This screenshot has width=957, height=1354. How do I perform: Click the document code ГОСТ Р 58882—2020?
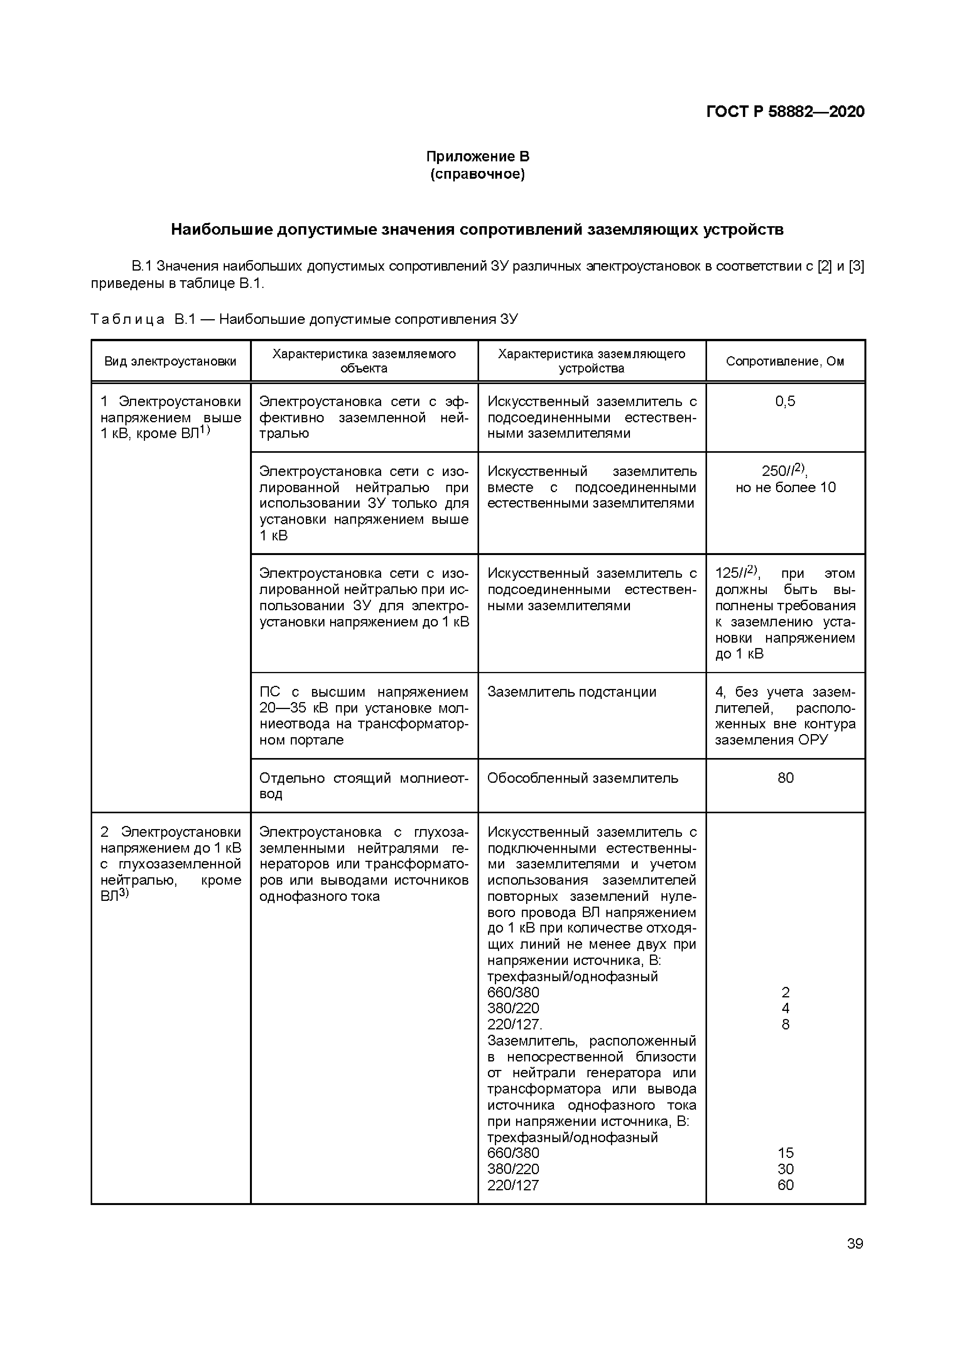pyautogui.click(x=785, y=112)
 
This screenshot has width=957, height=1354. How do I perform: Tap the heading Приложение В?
pyautogui.click(x=478, y=157)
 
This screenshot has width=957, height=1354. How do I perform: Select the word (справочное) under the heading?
pyautogui.click(x=478, y=174)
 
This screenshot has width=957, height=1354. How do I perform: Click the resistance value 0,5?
pyautogui.click(x=785, y=401)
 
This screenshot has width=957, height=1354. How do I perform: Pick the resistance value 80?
pyautogui.click(x=785, y=778)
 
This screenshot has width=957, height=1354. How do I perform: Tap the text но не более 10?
pyautogui.click(x=785, y=488)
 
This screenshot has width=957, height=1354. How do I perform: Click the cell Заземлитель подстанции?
pyautogui.click(x=572, y=692)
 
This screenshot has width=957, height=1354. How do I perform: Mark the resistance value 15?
pyautogui.click(x=785, y=1153)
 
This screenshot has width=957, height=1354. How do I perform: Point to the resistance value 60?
pyautogui.click(x=785, y=1185)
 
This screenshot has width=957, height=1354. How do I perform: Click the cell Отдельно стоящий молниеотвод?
pyautogui.click(x=364, y=785)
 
